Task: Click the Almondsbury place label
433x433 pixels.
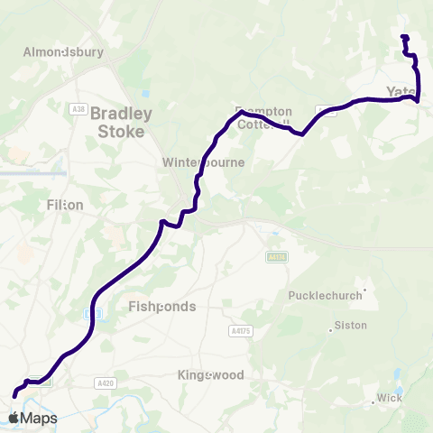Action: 65,51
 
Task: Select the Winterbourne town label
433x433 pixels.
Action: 203,162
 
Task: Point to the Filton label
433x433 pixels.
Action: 64,205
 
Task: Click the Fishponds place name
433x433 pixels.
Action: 162,307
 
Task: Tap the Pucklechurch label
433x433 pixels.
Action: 325,295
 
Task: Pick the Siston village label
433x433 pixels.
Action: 351,324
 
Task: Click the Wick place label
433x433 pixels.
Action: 390,398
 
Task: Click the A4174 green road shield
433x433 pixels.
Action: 276,257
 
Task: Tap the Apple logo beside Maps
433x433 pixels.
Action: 14,418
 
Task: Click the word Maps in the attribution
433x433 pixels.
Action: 39,419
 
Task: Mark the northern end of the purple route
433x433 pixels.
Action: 403,37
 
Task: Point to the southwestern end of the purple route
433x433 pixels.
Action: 14,395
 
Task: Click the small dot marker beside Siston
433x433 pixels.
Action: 332,330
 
